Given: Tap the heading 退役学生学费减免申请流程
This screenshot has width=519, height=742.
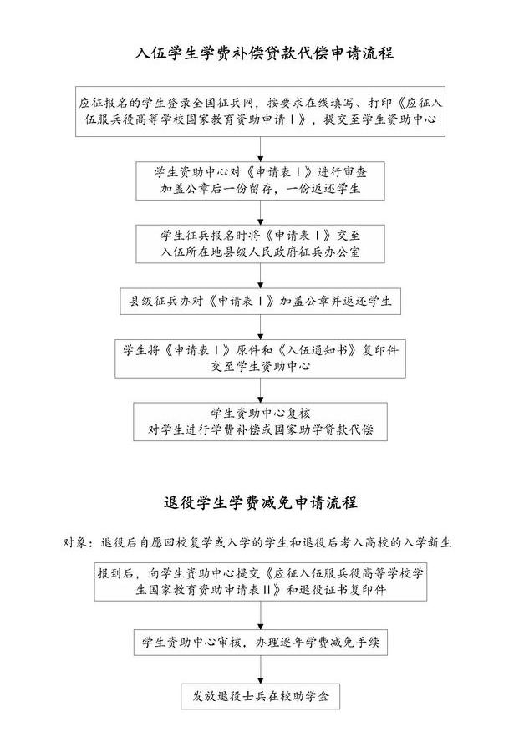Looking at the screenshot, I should pyautogui.click(x=260, y=503).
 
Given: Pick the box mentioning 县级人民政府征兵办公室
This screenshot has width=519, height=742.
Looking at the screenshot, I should pyautogui.click(x=260, y=241).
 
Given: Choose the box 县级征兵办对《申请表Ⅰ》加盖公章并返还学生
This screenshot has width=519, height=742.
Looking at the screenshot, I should pyautogui.click(x=260, y=300).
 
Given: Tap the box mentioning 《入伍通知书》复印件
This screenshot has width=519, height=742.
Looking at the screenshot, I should pyautogui.click(x=260, y=358).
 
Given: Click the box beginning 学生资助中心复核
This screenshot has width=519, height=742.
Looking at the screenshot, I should pyautogui.click(x=260, y=421).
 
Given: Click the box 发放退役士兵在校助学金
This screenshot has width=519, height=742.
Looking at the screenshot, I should pyautogui.click(x=260, y=695).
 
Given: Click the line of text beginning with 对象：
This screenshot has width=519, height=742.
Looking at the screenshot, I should pyautogui.click(x=258, y=542).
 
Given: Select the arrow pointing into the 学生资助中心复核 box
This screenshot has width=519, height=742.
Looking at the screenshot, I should pyautogui.click(x=260, y=391).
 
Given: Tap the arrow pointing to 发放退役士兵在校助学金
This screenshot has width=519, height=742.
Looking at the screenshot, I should pyautogui.click(x=260, y=671).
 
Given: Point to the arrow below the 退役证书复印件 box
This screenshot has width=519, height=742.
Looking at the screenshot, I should pyautogui.click(x=260, y=615).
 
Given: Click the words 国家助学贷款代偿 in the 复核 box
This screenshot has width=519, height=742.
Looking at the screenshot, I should pyautogui.click(x=323, y=430).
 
